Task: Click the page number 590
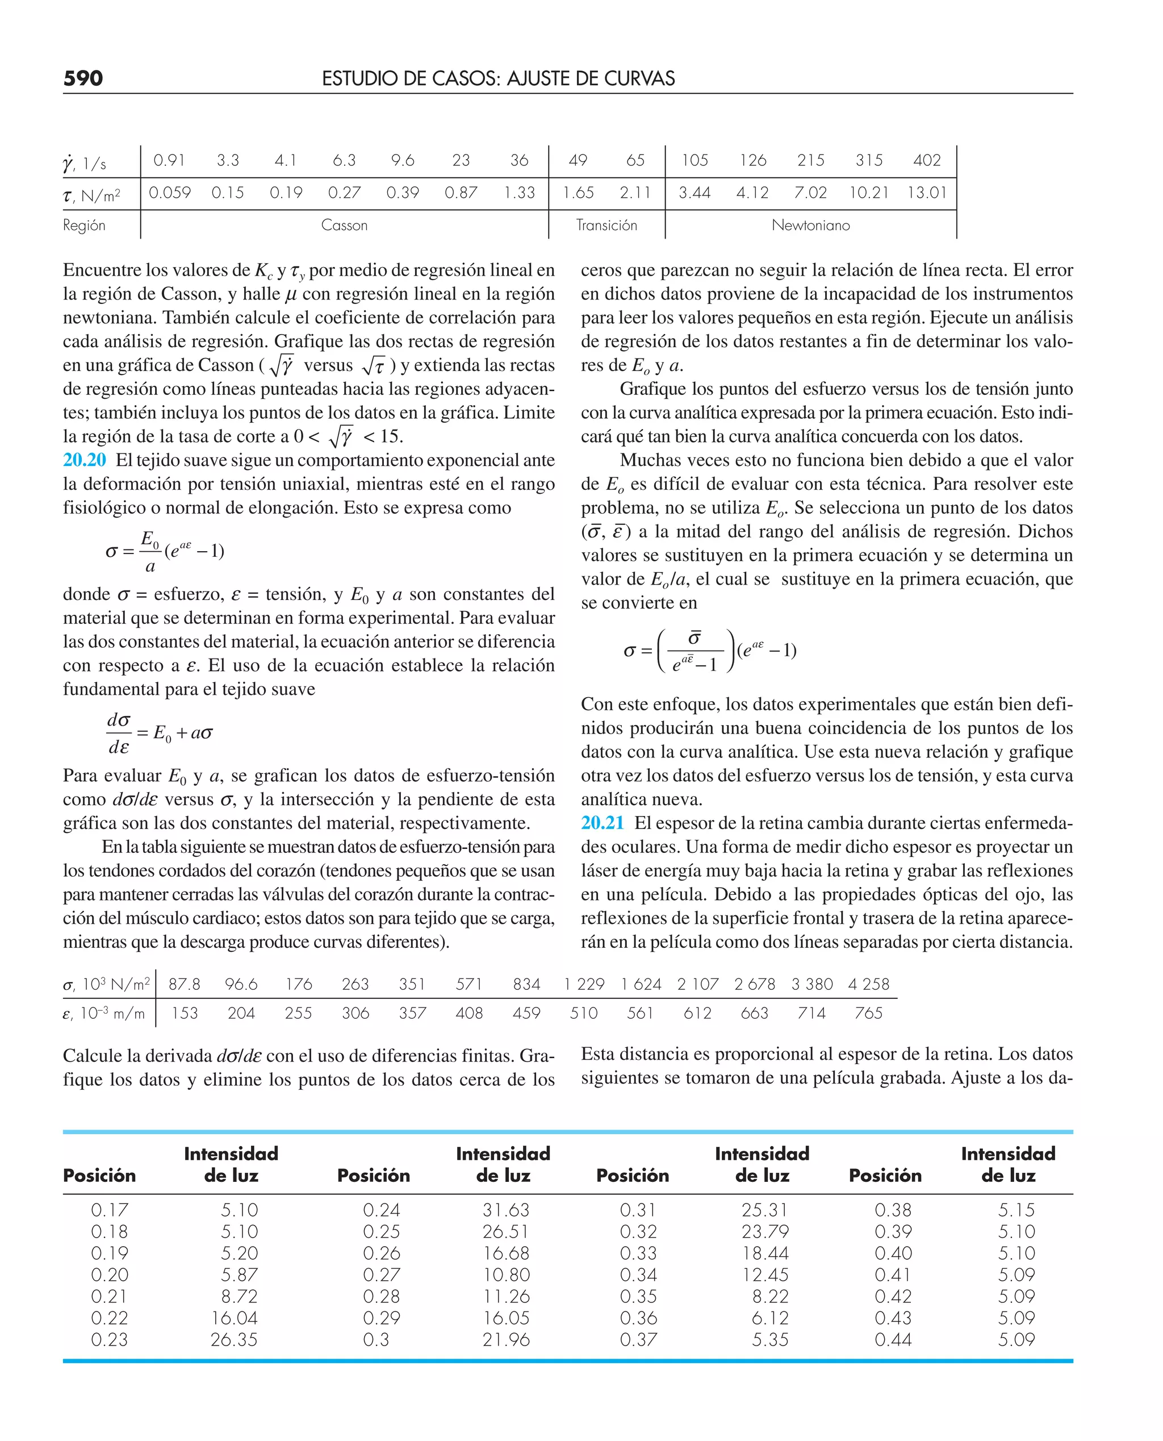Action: (83, 78)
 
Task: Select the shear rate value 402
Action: (927, 160)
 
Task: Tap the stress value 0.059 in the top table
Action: (169, 193)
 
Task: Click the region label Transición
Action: (606, 225)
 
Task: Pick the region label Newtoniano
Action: (810, 225)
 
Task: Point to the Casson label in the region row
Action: (344, 225)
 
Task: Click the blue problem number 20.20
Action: (85, 460)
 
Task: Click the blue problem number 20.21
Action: (603, 822)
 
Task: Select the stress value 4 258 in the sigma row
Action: (868, 984)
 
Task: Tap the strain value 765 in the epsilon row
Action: (868, 1013)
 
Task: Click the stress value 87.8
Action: (184, 984)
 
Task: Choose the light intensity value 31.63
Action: (506, 1210)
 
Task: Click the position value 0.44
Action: (893, 1339)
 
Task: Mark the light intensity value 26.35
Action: (234, 1339)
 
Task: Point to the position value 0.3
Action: (376, 1339)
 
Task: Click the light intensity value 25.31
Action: (764, 1210)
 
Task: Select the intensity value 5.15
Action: (1016, 1210)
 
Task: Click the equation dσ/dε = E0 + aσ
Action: (160, 732)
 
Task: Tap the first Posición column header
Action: (99, 1175)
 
